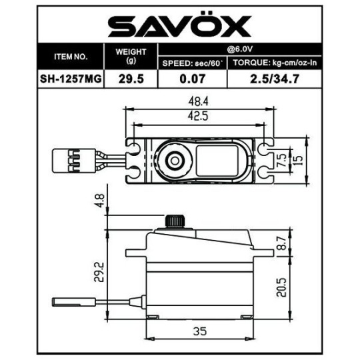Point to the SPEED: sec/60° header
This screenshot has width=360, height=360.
click(192, 63)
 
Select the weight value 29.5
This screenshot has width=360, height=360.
click(131, 78)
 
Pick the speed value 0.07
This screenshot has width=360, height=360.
click(192, 78)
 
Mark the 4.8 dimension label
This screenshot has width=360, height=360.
click(101, 199)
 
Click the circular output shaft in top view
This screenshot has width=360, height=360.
click(174, 160)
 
